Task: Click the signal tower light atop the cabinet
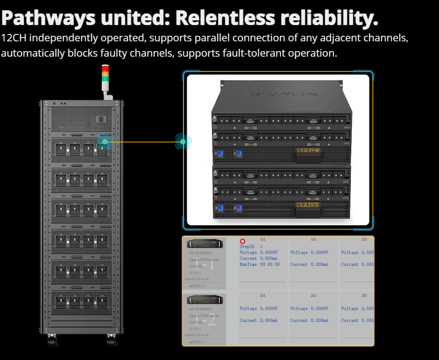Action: pos(105,77)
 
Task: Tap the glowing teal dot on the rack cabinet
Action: pos(105,141)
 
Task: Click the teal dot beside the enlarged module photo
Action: pos(183,141)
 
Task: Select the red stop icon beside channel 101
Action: pos(242,241)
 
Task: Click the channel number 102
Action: pos(314,240)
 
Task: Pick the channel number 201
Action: pos(262,295)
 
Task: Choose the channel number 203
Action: pos(364,295)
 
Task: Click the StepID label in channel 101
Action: pos(247,247)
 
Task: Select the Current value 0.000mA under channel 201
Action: pos(269,321)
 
